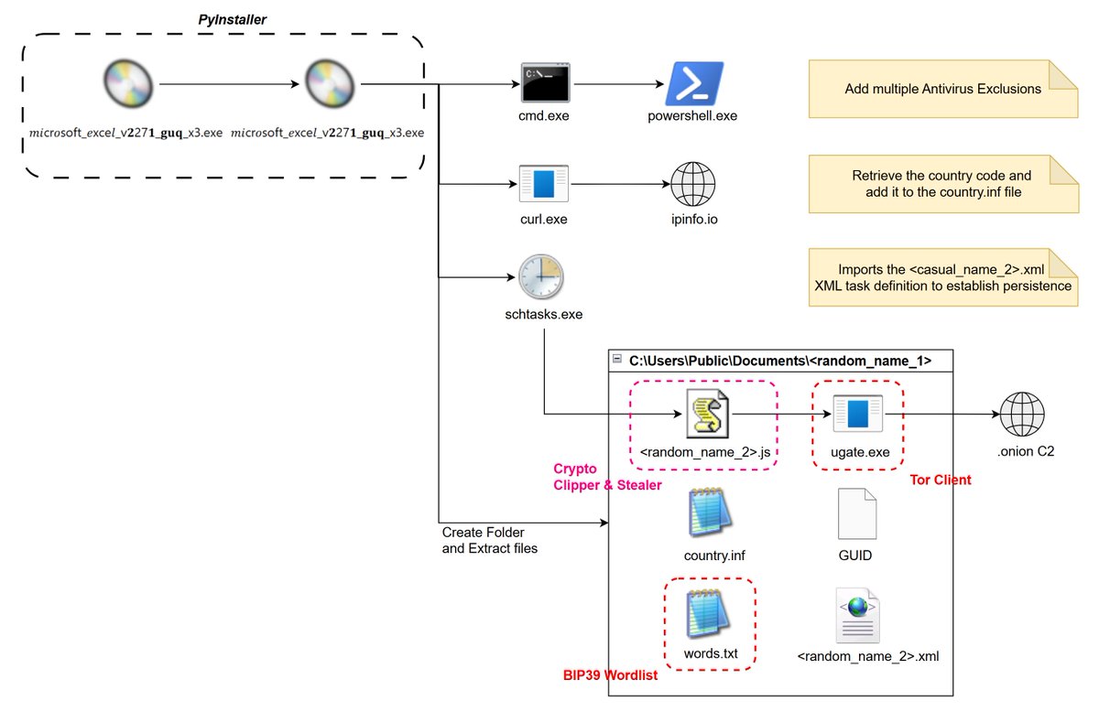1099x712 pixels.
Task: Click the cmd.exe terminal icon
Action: tap(546, 82)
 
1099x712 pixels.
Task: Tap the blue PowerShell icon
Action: tap(693, 83)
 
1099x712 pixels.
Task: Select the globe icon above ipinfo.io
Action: tap(693, 185)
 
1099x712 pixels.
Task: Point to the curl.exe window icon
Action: tap(544, 184)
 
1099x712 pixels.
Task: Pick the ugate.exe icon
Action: tap(857, 415)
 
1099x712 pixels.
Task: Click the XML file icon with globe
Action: tap(857, 615)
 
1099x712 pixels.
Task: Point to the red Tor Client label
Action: tap(941, 480)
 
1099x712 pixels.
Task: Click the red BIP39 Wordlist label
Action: tap(610, 676)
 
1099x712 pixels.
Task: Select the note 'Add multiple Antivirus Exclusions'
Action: tap(942, 89)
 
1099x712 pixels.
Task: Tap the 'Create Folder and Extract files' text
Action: tap(489, 540)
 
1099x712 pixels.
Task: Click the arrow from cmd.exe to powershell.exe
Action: tap(619, 84)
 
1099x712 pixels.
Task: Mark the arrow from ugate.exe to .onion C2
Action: tap(948, 415)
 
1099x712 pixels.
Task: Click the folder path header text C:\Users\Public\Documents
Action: tap(779, 361)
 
